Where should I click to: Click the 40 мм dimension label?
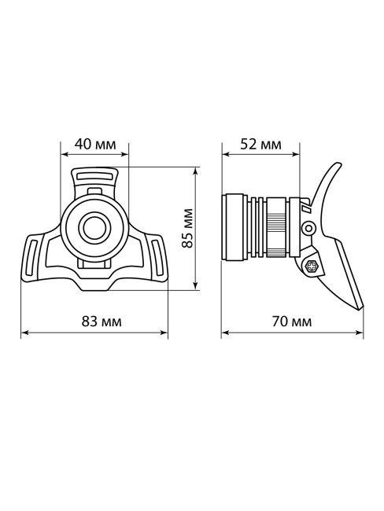pyautogui.click(x=92, y=144)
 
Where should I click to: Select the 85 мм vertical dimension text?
pyautogui.click(x=187, y=229)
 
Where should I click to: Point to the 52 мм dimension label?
pyautogui.click(x=260, y=144)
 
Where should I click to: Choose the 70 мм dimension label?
pyautogui.click(x=292, y=322)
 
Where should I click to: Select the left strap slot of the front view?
pyautogui.click(x=31, y=259)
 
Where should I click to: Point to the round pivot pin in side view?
pyautogui.click(x=310, y=229)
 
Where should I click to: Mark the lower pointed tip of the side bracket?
pyautogui.click(x=360, y=307)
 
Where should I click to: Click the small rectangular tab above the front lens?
pyautogui.click(x=94, y=191)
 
